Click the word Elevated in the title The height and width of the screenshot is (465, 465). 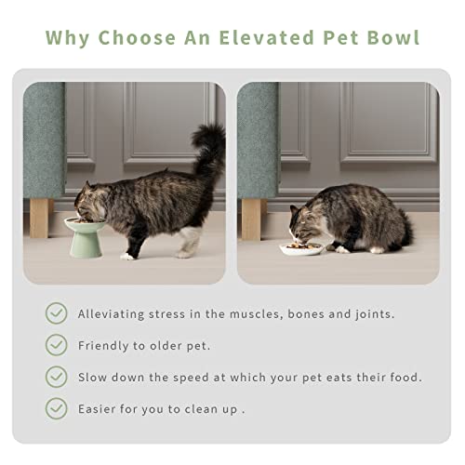(262, 38)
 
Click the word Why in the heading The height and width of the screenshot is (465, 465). (69, 38)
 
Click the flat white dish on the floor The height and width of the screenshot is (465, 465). (302, 248)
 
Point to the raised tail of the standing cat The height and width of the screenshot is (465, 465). (208, 149)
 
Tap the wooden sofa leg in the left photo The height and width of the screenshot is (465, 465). (40, 218)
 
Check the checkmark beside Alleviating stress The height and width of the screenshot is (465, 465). (56, 313)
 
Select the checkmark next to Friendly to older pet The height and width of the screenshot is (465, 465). (56, 345)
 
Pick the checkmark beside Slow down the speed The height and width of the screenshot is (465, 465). (56, 377)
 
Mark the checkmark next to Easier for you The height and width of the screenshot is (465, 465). (56, 408)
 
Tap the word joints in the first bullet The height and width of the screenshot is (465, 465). (371, 314)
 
